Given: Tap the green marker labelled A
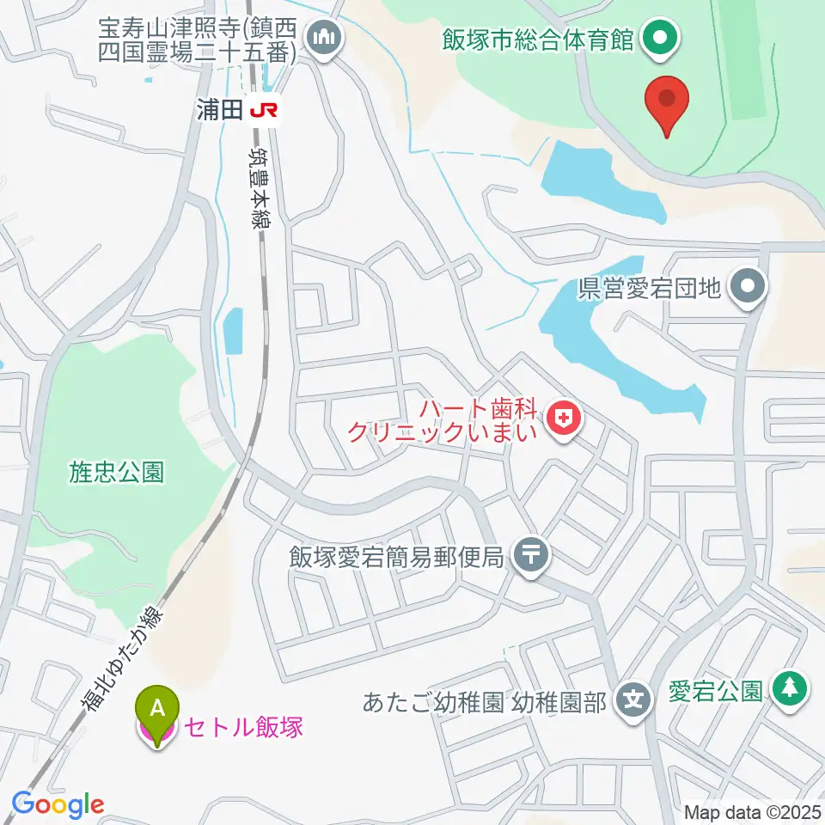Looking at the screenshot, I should (157, 709).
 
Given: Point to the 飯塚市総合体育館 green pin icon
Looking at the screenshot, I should (660, 39).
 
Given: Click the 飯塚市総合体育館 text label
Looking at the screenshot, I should (538, 40).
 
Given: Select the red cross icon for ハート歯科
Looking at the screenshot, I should (564, 419).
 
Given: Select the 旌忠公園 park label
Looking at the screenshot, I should (116, 471).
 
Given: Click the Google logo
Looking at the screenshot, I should (58, 804).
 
